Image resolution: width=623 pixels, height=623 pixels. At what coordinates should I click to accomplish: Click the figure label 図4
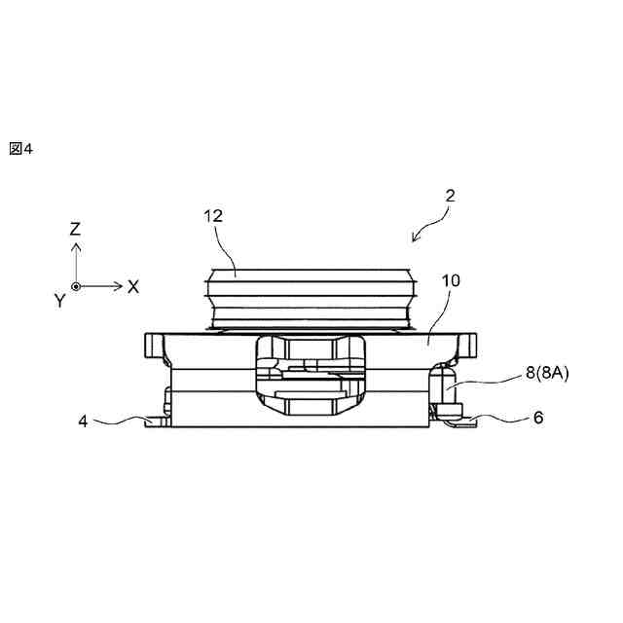click(20, 149)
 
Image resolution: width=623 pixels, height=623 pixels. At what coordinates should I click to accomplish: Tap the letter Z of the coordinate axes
click(75, 230)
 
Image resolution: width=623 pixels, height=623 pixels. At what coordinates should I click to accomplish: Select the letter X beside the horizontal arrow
click(133, 286)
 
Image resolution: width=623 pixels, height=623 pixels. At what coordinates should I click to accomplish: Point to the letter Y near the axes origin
click(59, 302)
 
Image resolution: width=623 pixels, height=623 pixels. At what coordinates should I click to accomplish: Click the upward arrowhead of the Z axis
click(76, 249)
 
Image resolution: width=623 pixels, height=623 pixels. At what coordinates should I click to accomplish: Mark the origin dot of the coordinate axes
click(76, 286)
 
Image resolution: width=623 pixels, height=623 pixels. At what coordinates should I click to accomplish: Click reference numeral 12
click(213, 215)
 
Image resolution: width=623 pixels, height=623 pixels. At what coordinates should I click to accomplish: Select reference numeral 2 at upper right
click(449, 195)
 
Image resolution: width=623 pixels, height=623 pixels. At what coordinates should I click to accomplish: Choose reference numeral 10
click(451, 281)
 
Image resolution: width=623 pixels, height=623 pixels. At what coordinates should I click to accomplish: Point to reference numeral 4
click(84, 421)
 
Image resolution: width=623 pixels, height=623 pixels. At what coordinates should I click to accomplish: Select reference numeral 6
click(538, 418)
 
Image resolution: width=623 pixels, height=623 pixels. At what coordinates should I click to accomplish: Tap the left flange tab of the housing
click(156, 345)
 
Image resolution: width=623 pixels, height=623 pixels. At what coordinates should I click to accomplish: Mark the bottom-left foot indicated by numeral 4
click(156, 421)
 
